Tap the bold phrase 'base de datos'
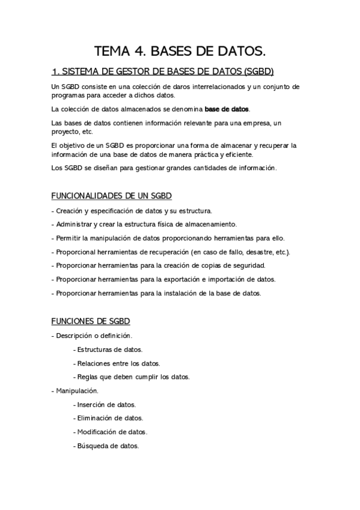tap(227, 109)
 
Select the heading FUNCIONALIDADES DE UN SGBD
tap(112, 196)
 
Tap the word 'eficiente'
tap(236, 154)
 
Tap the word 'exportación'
tap(182, 279)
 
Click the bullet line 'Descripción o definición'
tap(93, 335)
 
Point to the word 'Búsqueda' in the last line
tap(92, 446)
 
